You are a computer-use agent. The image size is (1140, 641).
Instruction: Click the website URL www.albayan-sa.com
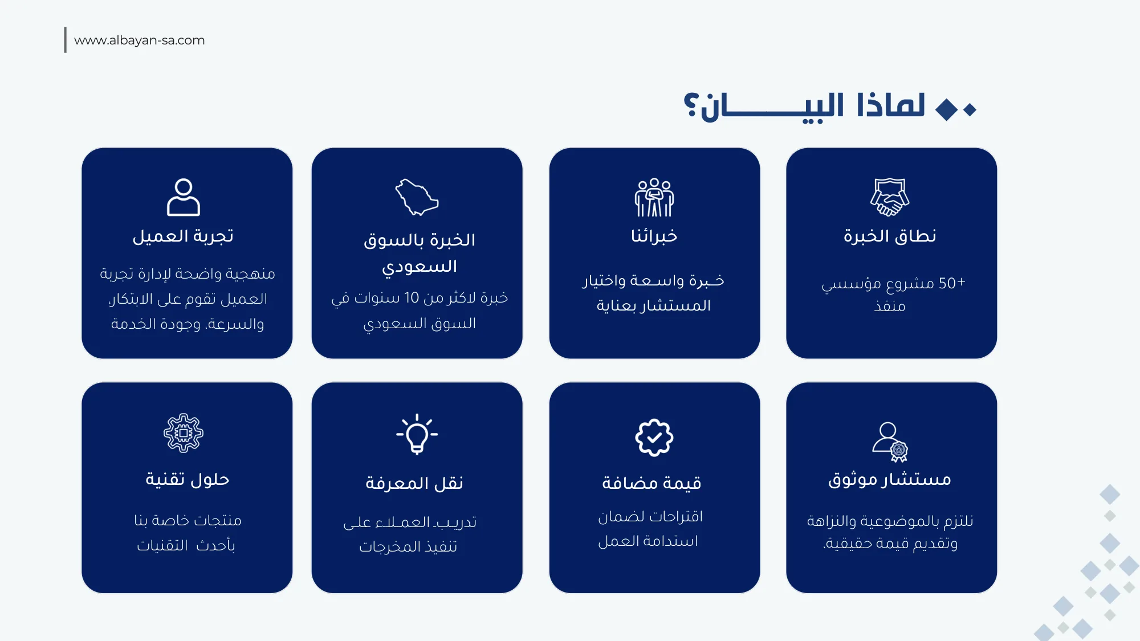(139, 40)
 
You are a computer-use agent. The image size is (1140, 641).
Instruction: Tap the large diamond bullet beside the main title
(947, 109)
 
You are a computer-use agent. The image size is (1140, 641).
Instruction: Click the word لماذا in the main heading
(890, 106)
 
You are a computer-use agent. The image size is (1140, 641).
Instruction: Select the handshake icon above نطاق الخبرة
(889, 197)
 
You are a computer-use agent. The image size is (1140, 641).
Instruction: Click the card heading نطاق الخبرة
(890, 236)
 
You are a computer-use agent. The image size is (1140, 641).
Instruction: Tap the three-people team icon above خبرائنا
(654, 197)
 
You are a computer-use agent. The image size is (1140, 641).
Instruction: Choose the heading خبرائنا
(654, 236)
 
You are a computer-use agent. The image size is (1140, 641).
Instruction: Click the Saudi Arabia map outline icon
(417, 197)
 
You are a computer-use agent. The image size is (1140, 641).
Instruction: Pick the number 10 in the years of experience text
(412, 297)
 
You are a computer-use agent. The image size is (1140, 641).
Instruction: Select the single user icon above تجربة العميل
(184, 197)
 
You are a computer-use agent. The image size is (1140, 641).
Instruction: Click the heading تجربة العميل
(183, 236)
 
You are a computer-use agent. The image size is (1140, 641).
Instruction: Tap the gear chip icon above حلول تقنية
(184, 433)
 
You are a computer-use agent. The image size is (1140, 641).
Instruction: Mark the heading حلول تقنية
(187, 479)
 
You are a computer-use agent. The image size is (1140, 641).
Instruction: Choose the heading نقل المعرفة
(414, 483)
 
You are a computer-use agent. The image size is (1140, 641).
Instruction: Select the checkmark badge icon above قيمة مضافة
(654, 438)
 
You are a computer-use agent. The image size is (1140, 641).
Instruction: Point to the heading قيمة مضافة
(652, 483)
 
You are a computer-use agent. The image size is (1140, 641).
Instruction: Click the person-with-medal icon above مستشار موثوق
(890, 442)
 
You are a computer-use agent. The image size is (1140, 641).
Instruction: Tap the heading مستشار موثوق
(890, 479)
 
